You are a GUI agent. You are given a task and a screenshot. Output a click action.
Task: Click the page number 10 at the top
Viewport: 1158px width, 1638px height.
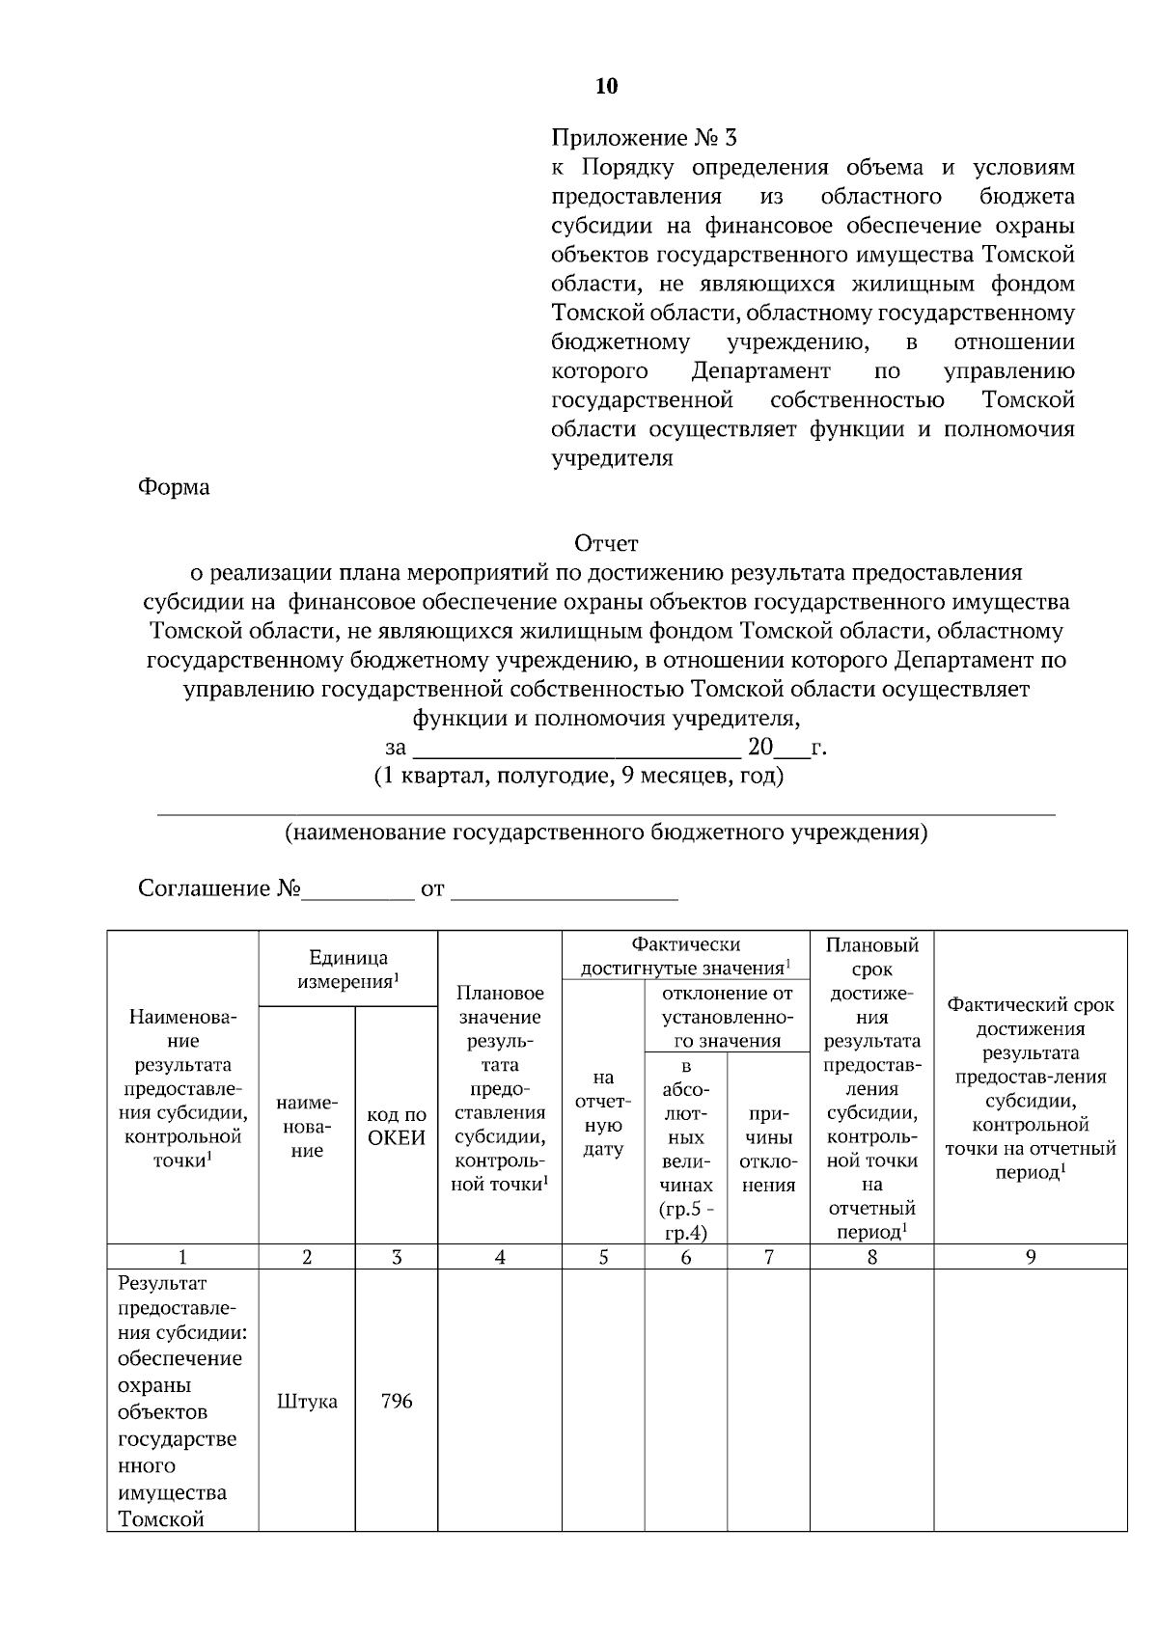[606, 87]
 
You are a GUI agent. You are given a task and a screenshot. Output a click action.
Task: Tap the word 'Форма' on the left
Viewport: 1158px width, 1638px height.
[174, 487]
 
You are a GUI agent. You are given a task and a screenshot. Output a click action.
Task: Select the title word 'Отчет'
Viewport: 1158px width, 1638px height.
[606, 544]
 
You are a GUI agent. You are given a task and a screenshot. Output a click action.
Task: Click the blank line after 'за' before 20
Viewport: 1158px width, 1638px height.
[576, 749]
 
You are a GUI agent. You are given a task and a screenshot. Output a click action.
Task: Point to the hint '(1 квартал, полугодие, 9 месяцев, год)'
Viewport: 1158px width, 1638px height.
[579, 777]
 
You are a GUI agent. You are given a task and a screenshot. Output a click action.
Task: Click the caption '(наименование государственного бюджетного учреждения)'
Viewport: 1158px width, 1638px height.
[606, 833]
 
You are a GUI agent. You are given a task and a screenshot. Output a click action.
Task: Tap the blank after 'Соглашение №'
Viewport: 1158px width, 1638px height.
[357, 889]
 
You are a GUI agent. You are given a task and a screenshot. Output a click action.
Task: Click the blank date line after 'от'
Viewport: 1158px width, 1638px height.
[565, 889]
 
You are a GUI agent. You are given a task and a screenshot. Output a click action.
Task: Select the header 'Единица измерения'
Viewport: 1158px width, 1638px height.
[348, 969]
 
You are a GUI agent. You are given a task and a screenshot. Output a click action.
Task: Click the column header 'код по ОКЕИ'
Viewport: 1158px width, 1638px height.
[397, 1126]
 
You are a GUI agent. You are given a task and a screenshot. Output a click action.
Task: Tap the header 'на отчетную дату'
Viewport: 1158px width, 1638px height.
[603, 1113]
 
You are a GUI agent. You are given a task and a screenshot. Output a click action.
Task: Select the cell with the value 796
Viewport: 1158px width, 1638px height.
[397, 1402]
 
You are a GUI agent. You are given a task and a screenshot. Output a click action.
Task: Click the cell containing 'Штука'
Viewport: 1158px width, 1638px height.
[307, 1402]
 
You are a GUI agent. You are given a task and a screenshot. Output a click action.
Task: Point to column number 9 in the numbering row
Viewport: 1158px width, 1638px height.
[1030, 1257]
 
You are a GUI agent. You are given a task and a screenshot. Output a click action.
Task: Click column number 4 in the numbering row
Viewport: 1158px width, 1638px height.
[500, 1257]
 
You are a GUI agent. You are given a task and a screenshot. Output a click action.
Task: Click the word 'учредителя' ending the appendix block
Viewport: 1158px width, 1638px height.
[612, 458]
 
